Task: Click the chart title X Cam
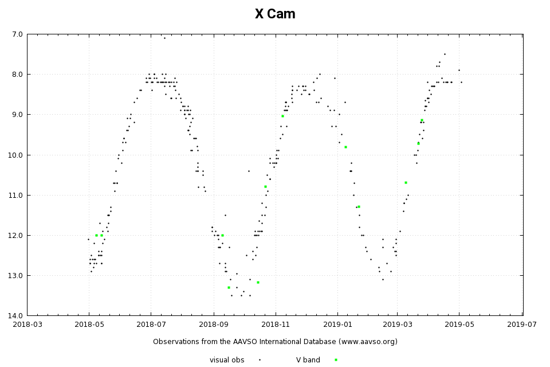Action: (x=275, y=14)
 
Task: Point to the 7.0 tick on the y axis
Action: (x=17, y=34)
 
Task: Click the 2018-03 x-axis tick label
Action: (x=27, y=324)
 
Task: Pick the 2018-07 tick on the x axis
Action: (x=151, y=324)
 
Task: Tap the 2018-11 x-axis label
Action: (x=275, y=324)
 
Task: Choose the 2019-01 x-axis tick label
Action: (x=337, y=324)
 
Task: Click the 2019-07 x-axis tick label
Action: (x=522, y=324)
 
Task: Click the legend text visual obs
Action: (x=227, y=360)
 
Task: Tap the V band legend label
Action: (x=308, y=360)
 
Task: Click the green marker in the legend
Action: (x=336, y=360)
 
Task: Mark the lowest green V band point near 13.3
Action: (x=229, y=287)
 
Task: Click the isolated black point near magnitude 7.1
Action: (x=164, y=38)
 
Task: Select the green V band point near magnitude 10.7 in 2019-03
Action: (x=406, y=182)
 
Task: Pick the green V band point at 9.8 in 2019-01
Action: (x=345, y=147)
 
